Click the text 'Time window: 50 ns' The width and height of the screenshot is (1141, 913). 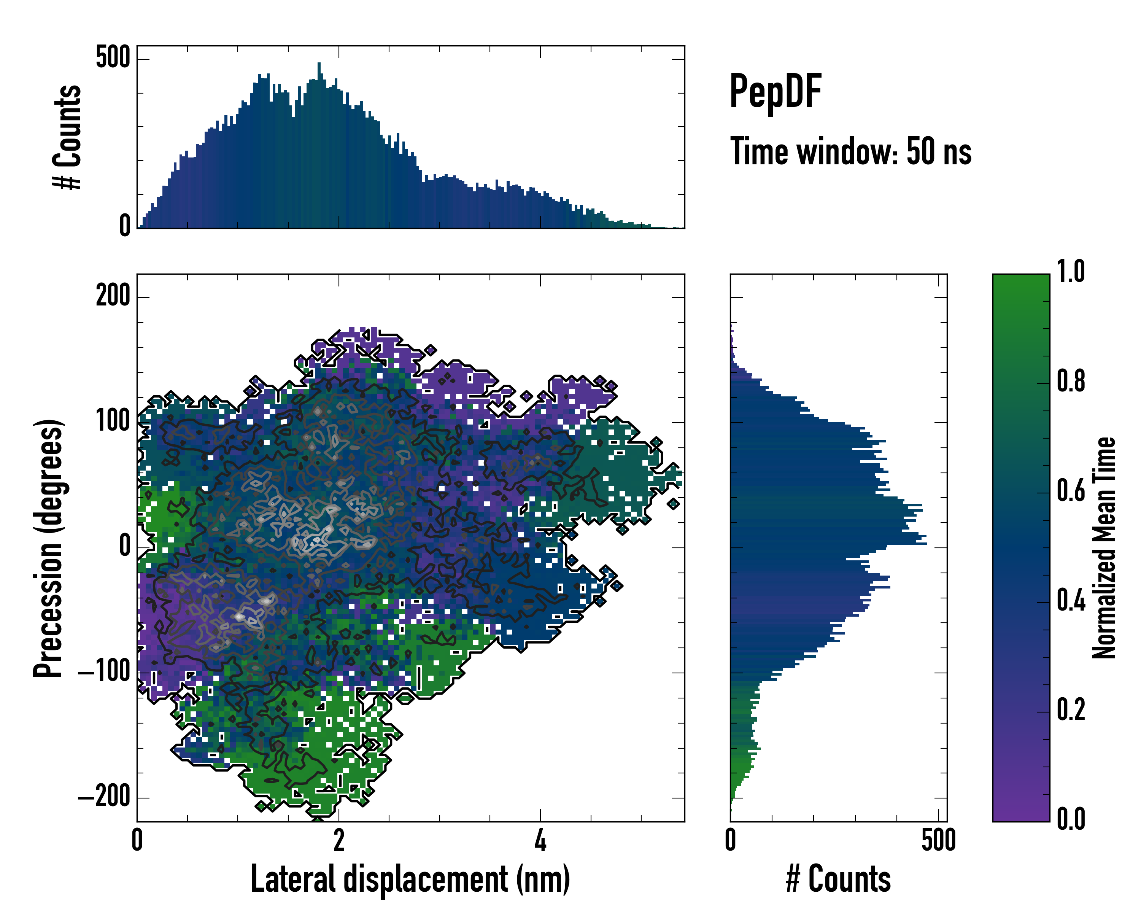coord(850,151)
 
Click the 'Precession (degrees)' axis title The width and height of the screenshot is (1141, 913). coord(49,548)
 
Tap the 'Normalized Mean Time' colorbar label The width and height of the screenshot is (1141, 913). coord(1103,548)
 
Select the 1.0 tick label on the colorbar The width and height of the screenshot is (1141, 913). coord(1071,272)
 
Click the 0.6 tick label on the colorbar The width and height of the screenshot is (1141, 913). coord(1071,491)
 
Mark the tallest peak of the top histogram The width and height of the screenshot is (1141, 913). coord(319,65)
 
